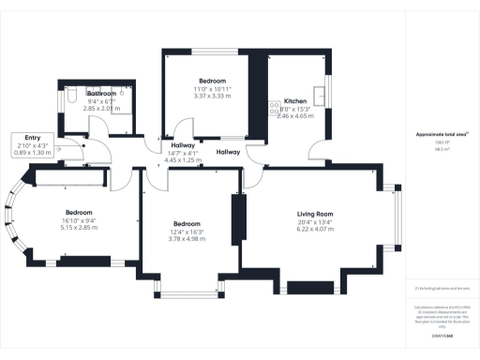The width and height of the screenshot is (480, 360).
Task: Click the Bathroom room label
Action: (x=102, y=94)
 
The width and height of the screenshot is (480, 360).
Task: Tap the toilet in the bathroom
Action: (x=74, y=97)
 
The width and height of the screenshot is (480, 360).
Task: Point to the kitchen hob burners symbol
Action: (x=275, y=109)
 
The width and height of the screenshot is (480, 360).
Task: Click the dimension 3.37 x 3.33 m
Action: (x=212, y=96)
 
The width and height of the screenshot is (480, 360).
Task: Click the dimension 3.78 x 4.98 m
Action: (x=187, y=238)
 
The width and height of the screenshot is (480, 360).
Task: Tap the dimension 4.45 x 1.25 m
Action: (x=183, y=160)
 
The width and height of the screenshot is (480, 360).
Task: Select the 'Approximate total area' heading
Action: (x=442, y=134)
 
